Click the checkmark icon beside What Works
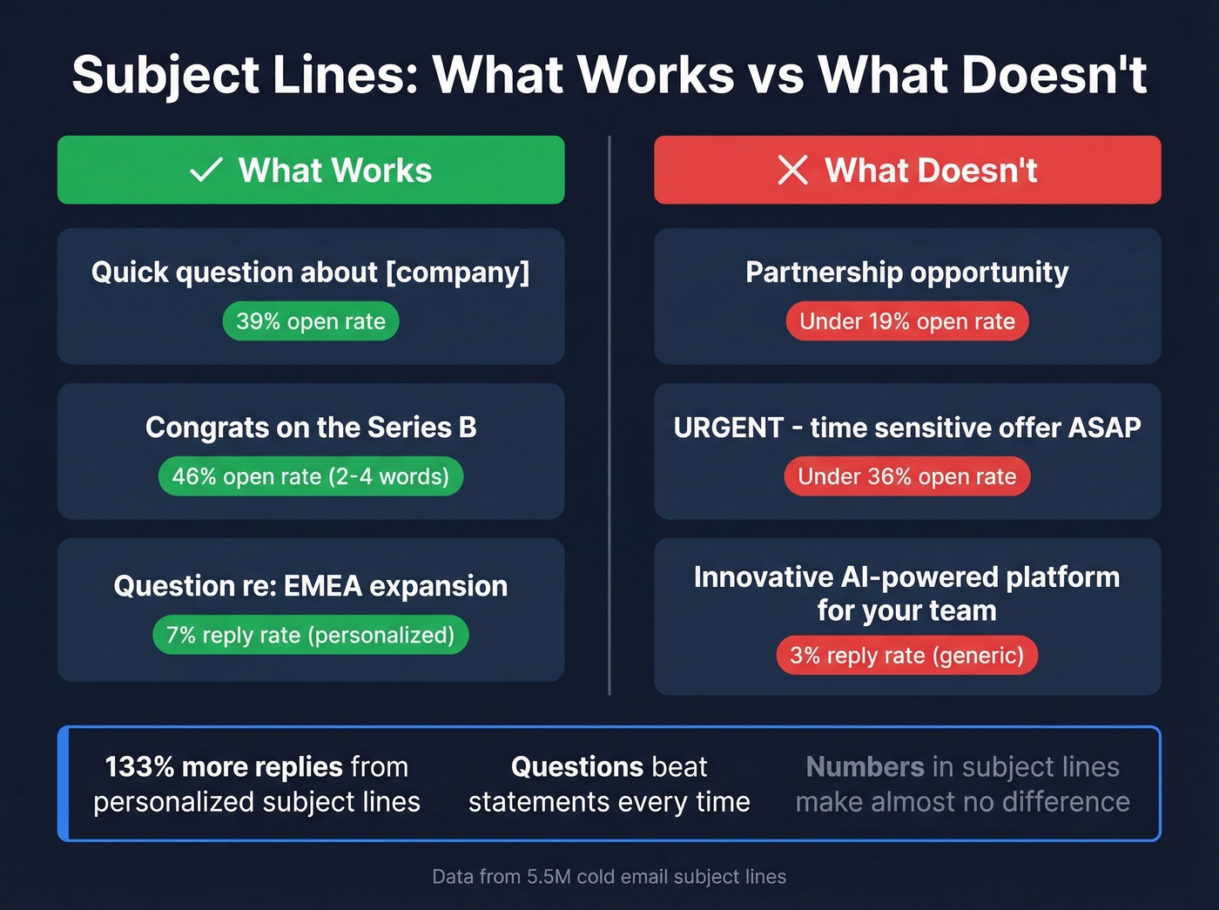click(x=206, y=170)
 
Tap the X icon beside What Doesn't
click(x=792, y=170)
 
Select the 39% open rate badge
click(x=311, y=321)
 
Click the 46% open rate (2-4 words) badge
click(x=311, y=476)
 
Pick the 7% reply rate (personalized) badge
click(x=311, y=635)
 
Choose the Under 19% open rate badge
click(x=907, y=321)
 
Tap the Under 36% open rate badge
click(x=907, y=476)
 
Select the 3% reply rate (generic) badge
click(x=907, y=656)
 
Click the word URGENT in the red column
click(x=729, y=428)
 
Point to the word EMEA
click(x=322, y=586)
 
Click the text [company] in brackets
click(x=457, y=273)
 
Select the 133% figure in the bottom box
click(x=139, y=767)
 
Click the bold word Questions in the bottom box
click(x=577, y=767)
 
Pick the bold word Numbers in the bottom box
click(x=865, y=767)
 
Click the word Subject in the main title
click(x=165, y=75)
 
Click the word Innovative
click(x=764, y=577)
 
